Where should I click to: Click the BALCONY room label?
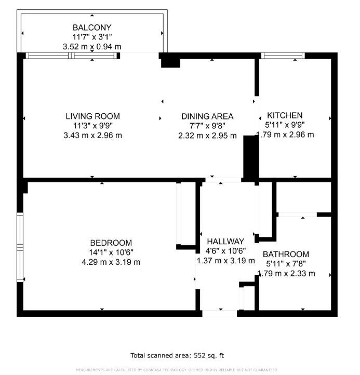click(92, 28)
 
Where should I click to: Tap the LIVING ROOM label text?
click(93, 116)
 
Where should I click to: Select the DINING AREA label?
click(207, 116)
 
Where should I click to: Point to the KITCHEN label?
click(285, 115)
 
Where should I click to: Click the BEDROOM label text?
click(111, 243)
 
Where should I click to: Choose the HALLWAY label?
click(225, 242)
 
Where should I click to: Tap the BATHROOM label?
click(286, 254)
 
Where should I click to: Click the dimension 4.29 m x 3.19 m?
click(111, 262)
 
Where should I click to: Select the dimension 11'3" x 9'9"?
click(93, 126)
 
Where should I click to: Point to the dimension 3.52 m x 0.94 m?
click(92, 47)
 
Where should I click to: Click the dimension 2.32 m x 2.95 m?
click(207, 136)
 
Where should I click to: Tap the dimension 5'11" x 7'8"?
click(286, 264)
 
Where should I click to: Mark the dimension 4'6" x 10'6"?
click(225, 251)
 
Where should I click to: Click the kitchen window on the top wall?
click(283, 56)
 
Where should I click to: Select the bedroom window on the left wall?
click(20, 247)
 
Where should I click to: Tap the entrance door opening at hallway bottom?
click(220, 314)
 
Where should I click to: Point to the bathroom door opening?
click(298, 215)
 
